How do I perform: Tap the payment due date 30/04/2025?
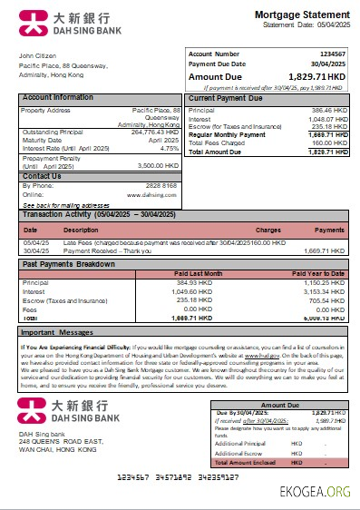[328, 64]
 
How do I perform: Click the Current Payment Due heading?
[227, 97]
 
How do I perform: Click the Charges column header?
[268, 230]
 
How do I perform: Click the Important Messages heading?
[57, 332]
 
